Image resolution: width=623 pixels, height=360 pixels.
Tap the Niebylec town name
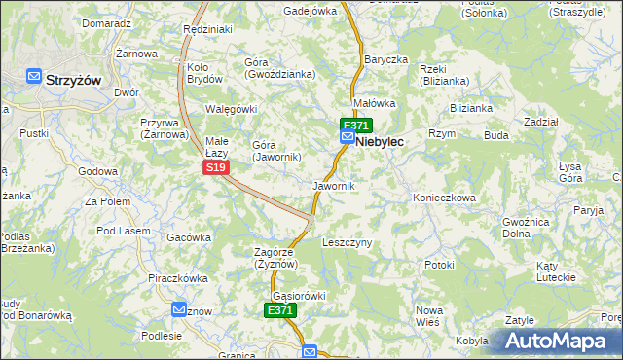(x=380, y=141)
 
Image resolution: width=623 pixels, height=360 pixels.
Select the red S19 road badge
(x=216, y=168)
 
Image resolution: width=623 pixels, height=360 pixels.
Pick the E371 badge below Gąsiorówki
(x=279, y=310)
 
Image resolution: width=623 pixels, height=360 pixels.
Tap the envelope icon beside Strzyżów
(x=34, y=78)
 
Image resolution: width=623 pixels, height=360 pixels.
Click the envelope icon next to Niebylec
(x=347, y=139)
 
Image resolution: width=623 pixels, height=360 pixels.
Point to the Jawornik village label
(x=334, y=185)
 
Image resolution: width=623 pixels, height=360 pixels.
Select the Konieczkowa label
(x=444, y=198)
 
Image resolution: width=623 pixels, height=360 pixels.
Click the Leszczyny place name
(x=347, y=242)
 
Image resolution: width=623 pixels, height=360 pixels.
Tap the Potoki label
(x=439, y=264)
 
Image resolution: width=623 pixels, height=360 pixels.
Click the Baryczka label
(x=385, y=59)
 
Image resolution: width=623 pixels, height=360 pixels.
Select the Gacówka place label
(x=189, y=237)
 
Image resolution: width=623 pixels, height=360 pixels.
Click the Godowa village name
(x=97, y=171)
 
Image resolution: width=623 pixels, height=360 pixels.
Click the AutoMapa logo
(x=557, y=342)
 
